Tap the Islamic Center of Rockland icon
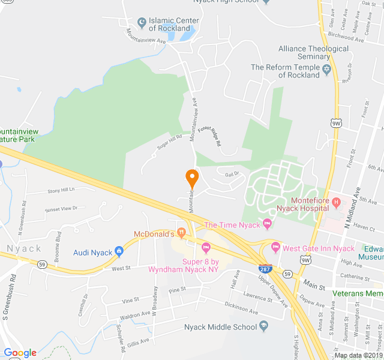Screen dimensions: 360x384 (x=142, y=23)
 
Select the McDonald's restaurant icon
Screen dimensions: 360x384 (x=180, y=233)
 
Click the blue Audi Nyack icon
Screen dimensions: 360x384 (x=119, y=252)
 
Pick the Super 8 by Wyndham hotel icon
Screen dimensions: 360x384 (x=206, y=247)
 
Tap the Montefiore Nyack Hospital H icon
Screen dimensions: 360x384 (x=336, y=203)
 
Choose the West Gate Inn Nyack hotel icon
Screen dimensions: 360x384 (x=276, y=248)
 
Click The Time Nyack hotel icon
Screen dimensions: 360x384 (x=268, y=225)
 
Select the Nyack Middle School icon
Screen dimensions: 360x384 (x=263, y=326)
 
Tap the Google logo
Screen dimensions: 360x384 (x=20, y=353)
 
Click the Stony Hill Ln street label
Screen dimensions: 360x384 (x=61, y=190)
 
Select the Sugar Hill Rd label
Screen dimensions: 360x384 (x=169, y=142)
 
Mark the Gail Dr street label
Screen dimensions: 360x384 (x=232, y=173)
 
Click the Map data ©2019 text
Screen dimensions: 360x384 (x=358, y=355)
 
